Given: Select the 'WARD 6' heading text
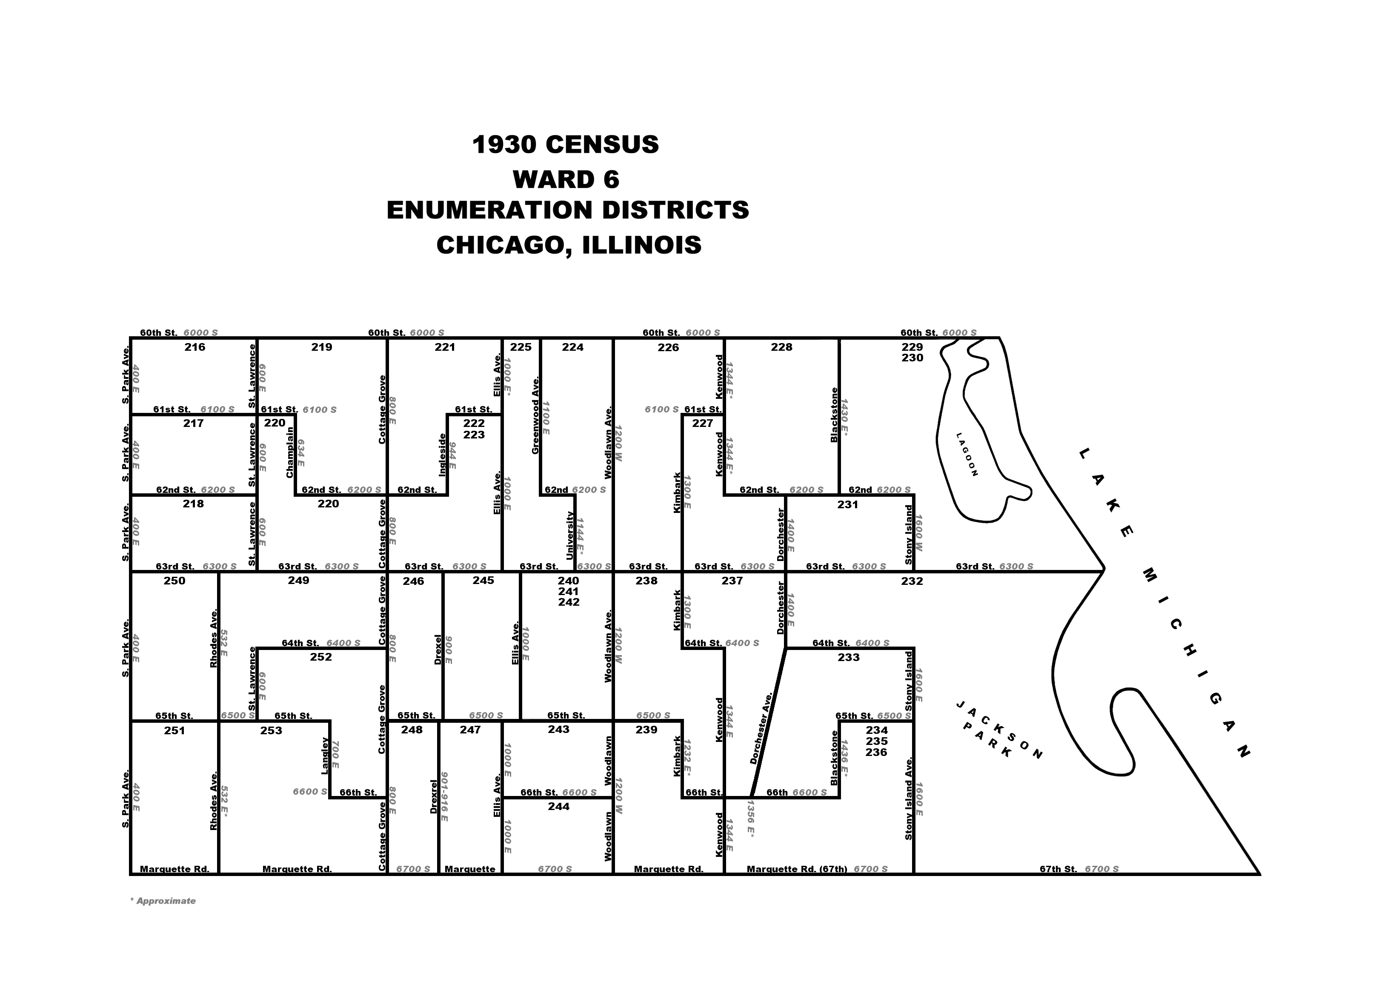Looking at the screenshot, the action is (x=566, y=180).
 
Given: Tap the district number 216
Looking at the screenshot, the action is (x=195, y=347).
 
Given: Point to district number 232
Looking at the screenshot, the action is (x=912, y=581).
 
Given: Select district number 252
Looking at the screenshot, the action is (x=321, y=656).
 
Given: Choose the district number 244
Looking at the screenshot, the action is (x=558, y=806).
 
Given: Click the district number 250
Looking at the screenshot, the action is (x=174, y=581).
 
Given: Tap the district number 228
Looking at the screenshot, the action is (x=782, y=347).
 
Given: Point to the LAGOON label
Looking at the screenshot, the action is (x=967, y=454).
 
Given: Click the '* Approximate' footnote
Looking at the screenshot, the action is (x=163, y=901).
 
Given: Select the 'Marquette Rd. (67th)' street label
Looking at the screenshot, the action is (x=797, y=869).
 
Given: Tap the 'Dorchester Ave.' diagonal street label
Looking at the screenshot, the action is (x=761, y=727).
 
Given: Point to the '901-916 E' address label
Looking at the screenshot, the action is (x=444, y=796).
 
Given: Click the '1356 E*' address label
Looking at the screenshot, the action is (x=751, y=819).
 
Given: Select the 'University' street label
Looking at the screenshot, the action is (x=569, y=535).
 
